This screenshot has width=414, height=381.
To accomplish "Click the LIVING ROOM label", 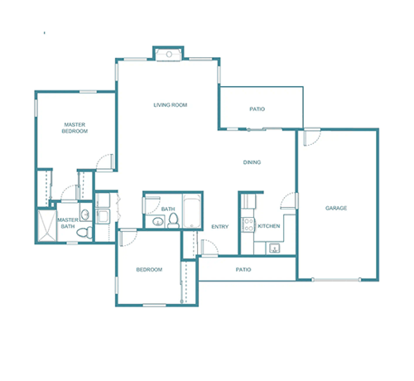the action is click(171, 105).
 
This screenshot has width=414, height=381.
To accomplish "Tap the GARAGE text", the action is click(336, 208).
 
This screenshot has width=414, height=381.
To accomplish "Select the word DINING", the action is click(252, 162).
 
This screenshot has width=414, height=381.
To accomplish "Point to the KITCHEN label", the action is click(269, 226).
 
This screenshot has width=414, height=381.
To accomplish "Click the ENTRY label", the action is click(220, 227).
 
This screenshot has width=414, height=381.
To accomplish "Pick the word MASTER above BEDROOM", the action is click(75, 125).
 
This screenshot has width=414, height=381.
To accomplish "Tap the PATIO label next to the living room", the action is click(258, 109).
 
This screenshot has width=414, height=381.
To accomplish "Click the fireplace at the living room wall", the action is click(169, 54).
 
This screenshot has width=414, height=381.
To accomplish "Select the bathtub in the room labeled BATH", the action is click(192, 211).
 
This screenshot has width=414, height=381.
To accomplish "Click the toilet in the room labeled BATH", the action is click(173, 220).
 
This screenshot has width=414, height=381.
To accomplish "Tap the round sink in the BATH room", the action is click(158, 221).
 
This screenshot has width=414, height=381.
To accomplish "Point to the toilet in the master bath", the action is click(84, 232).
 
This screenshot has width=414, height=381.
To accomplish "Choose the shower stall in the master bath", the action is click(47, 225).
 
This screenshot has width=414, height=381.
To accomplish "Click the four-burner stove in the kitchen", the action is click(248, 224).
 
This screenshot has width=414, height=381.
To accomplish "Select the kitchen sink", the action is click(274, 248).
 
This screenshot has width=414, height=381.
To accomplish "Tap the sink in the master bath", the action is click(85, 215).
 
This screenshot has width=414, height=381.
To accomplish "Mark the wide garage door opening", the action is click(336, 280).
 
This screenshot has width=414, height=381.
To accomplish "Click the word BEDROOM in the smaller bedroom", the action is click(149, 269).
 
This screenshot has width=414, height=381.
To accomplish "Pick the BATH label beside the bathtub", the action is click(168, 209).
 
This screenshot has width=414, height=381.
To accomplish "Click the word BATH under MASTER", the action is click(68, 226).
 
